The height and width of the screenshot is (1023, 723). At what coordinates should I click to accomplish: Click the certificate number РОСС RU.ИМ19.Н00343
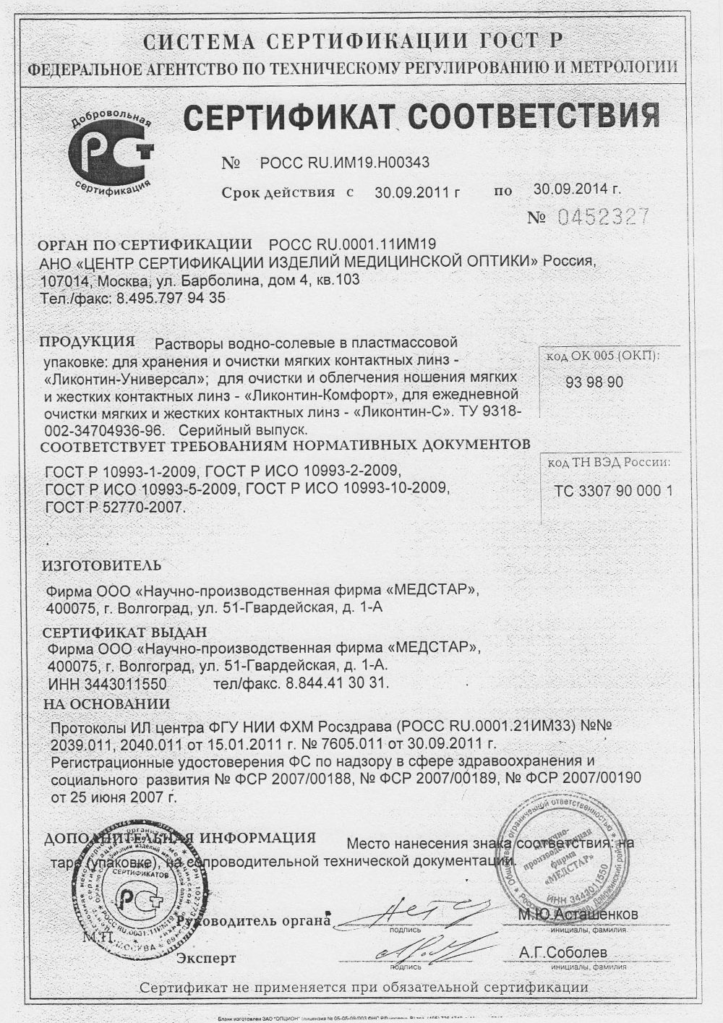(x=343, y=163)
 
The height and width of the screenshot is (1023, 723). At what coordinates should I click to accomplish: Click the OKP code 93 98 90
(x=594, y=382)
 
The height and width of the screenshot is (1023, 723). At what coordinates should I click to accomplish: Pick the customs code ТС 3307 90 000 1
(x=613, y=491)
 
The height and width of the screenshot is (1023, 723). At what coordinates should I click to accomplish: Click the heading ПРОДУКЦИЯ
(x=87, y=341)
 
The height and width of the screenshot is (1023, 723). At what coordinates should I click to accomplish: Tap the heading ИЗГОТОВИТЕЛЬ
(x=102, y=565)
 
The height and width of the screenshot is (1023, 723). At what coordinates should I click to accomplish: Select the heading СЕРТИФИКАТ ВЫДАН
(x=124, y=633)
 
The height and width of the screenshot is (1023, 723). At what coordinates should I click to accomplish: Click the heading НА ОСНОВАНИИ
(x=106, y=703)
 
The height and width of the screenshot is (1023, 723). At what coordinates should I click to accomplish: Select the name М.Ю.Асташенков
(x=578, y=915)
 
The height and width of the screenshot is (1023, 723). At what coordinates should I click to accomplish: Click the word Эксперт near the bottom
(x=206, y=959)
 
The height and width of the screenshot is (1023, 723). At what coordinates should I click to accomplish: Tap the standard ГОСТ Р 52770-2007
(x=115, y=507)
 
